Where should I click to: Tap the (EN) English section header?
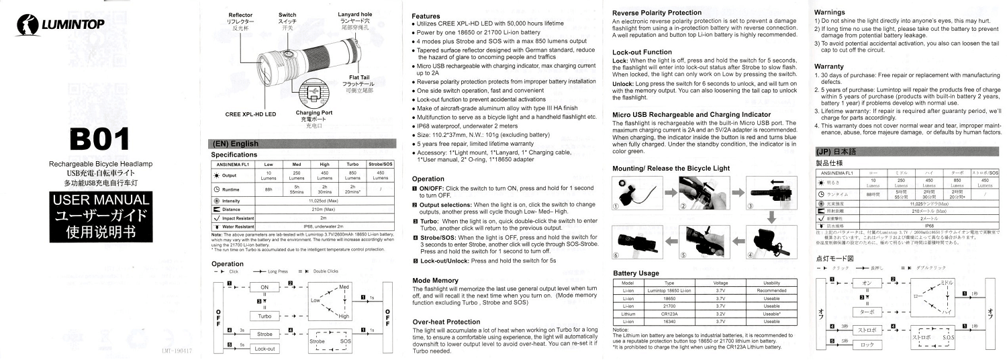236,143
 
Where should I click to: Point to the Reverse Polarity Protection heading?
665,13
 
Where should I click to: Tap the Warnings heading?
833,12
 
